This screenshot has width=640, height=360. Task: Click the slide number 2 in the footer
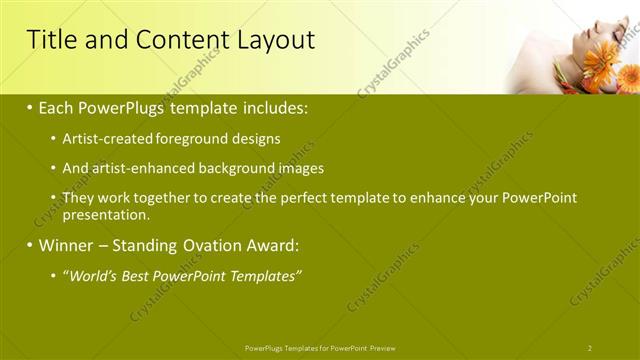[590, 348]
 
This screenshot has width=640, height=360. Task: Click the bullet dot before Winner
[29, 246]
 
